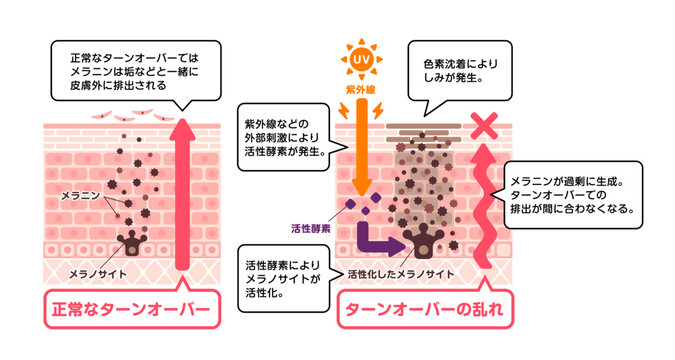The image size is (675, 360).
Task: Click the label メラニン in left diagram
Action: [80, 192]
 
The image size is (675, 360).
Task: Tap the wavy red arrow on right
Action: [486, 205]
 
